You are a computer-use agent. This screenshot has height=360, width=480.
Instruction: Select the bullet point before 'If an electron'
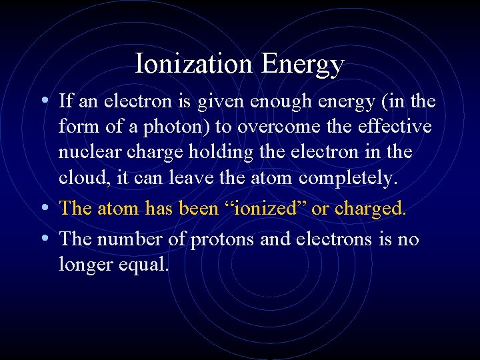click(x=43, y=101)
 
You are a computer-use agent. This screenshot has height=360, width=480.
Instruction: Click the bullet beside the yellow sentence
click(x=43, y=208)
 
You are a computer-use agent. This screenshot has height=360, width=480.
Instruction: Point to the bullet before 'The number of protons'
click(x=43, y=238)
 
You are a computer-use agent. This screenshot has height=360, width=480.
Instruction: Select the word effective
click(x=395, y=127)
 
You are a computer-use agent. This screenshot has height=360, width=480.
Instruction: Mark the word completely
click(x=348, y=179)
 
